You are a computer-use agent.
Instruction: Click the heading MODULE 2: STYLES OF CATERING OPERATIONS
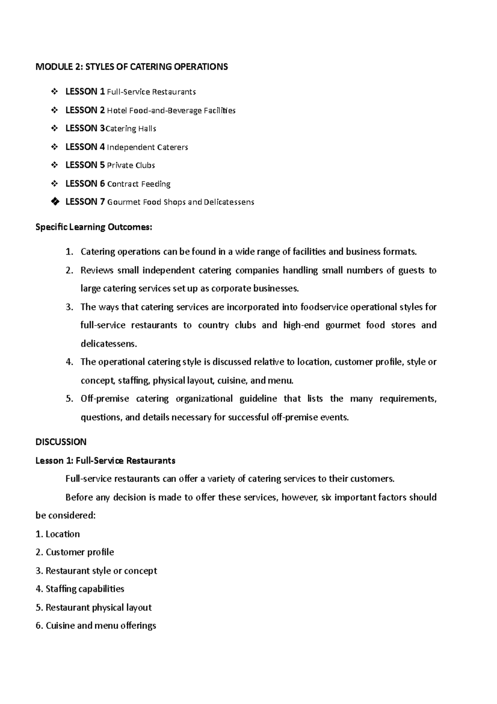coord(132,67)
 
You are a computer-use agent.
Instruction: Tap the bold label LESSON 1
coord(85,92)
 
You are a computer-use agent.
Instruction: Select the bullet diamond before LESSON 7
coord(54,202)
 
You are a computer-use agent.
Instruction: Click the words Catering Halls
coord(131,129)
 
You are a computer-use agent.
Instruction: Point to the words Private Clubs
coord(131,165)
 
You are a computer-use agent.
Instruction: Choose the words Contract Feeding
coord(139,184)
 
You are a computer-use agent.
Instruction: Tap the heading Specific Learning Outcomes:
coord(94,227)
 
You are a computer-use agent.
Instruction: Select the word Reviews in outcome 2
coord(97,271)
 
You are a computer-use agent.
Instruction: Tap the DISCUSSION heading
coord(61,442)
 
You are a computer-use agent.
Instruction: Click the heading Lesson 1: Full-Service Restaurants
coord(105,461)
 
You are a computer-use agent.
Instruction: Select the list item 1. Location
coord(58,534)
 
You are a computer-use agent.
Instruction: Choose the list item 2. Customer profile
coord(75,552)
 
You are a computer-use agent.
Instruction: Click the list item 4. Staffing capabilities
coord(80,589)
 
